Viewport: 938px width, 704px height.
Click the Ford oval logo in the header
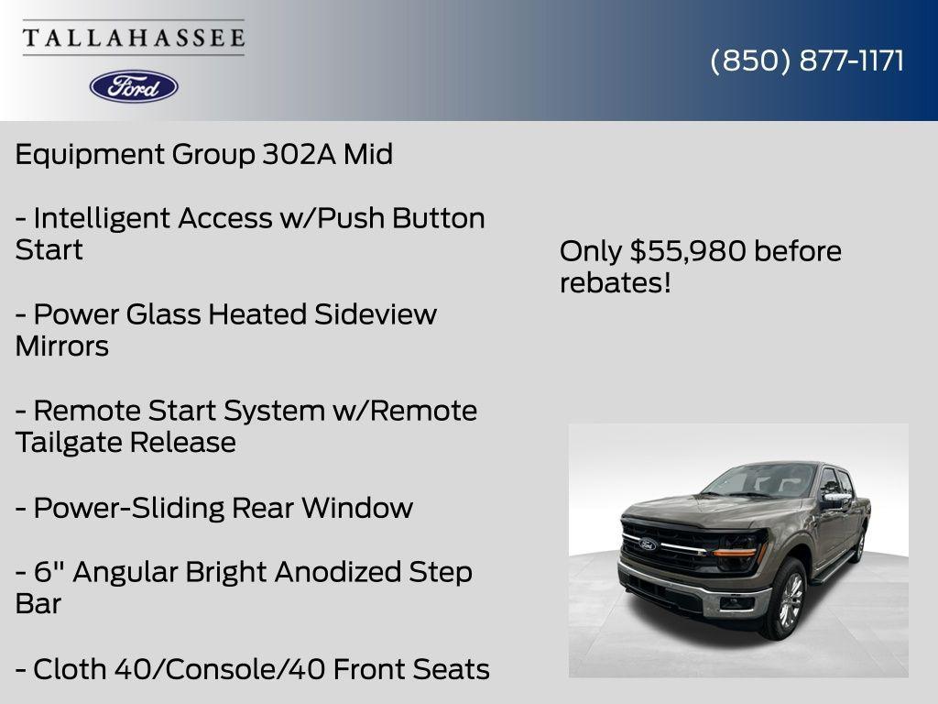click(134, 86)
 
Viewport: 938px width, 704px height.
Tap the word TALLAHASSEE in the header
click(134, 38)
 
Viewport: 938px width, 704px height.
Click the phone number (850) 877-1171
click(807, 60)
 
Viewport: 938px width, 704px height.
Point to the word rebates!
click(616, 282)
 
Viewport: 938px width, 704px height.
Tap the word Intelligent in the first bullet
click(103, 218)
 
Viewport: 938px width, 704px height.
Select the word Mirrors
click(61, 346)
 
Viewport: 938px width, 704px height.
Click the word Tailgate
click(69, 443)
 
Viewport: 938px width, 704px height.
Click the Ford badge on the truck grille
click(648, 545)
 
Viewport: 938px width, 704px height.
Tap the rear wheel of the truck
click(859, 545)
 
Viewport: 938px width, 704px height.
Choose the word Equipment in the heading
click(90, 154)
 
